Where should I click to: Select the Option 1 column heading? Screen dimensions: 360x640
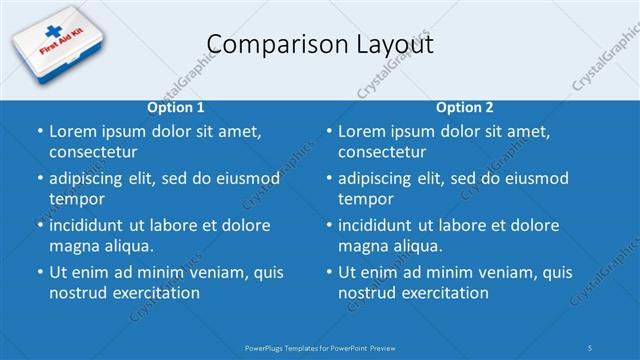coord(176,108)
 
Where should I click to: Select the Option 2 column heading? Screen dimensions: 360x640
coord(465,108)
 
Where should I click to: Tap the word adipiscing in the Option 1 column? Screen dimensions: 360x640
coord(92,179)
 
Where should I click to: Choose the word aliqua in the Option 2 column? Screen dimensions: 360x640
coord(415,245)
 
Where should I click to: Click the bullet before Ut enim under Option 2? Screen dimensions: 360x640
coord(329,272)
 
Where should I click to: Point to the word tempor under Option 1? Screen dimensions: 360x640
coord(75,199)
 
